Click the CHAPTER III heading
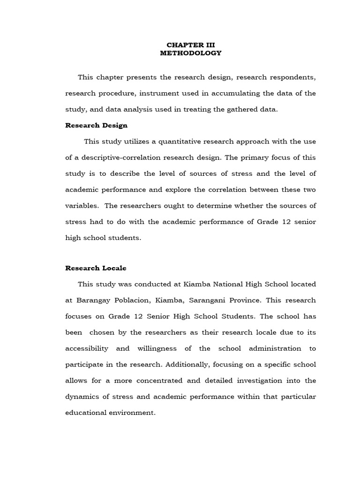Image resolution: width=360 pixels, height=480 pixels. coord(190,45)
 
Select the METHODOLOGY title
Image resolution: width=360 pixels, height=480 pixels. coord(190,53)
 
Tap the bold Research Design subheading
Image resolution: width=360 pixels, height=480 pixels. coord(96,126)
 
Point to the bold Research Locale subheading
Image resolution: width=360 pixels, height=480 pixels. coord(96,268)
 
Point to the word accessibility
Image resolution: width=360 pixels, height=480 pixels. coord(87,348)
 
